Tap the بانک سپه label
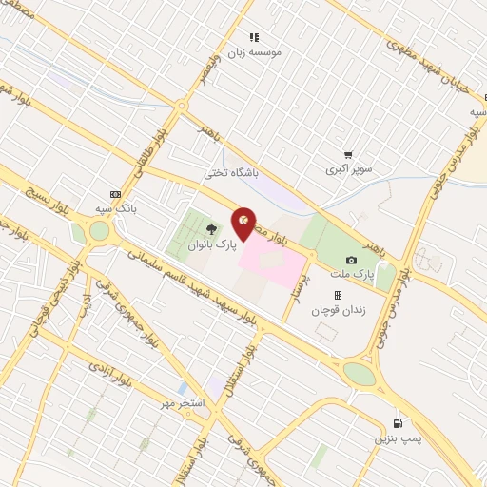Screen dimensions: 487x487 click(118, 207)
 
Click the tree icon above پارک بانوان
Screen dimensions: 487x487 click(210, 228)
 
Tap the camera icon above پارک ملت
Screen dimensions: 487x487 click(351, 260)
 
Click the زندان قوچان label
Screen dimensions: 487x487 click(338, 309)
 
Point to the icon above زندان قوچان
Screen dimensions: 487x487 click(338, 295)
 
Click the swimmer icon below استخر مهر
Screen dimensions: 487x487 click(182, 390)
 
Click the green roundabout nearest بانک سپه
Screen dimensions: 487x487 click(99, 230)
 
